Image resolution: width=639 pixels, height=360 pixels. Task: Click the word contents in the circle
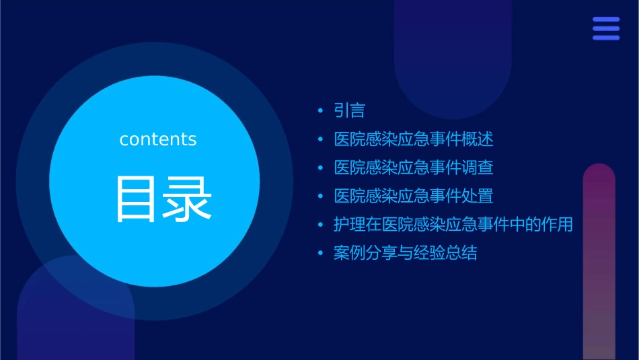click(158, 139)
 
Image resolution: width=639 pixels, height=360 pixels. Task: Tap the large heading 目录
click(163, 199)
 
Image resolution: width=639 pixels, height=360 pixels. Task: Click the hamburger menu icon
click(606, 28)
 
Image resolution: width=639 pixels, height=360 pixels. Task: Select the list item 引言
click(349, 110)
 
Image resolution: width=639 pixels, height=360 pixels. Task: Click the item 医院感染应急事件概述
click(413, 139)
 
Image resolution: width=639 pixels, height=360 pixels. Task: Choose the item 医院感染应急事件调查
click(413, 168)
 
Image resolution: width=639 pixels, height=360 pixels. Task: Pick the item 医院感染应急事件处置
click(413, 196)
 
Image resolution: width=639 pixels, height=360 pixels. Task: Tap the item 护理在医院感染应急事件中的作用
click(453, 224)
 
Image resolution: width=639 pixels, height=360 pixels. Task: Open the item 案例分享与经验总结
click(405, 253)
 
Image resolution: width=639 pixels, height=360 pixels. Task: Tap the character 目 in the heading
click(138, 199)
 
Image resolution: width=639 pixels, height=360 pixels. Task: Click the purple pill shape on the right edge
click(599, 262)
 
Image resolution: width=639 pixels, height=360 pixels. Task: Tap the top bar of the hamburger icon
click(606, 20)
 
